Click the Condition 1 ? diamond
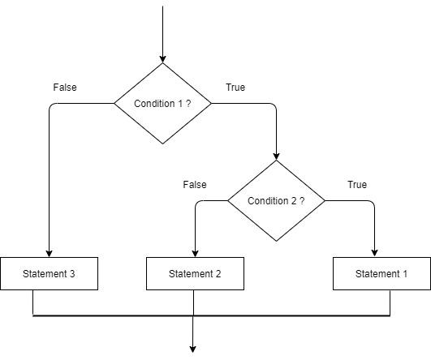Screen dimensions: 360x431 [x=162, y=104]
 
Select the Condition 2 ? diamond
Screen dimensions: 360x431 [x=276, y=200]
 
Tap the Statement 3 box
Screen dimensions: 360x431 [x=50, y=274]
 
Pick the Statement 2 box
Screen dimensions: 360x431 [x=195, y=274]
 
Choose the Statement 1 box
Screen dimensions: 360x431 [x=381, y=274]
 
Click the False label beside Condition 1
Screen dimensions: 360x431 [x=65, y=87]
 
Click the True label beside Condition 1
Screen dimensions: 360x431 [x=235, y=87]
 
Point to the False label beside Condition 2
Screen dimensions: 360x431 [x=195, y=185]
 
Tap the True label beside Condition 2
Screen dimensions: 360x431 [x=357, y=185]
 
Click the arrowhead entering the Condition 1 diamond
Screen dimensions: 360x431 [x=162, y=59]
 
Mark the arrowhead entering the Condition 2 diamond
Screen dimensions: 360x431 [x=276, y=156]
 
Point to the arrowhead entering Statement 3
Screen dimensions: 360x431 [x=50, y=253]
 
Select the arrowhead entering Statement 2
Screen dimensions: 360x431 [x=195, y=253]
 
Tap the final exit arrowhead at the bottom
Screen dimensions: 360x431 [x=193, y=349]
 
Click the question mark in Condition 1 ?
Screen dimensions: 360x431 [x=187, y=104]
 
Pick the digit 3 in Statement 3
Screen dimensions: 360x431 [x=72, y=274]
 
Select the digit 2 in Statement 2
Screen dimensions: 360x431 [x=218, y=274]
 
